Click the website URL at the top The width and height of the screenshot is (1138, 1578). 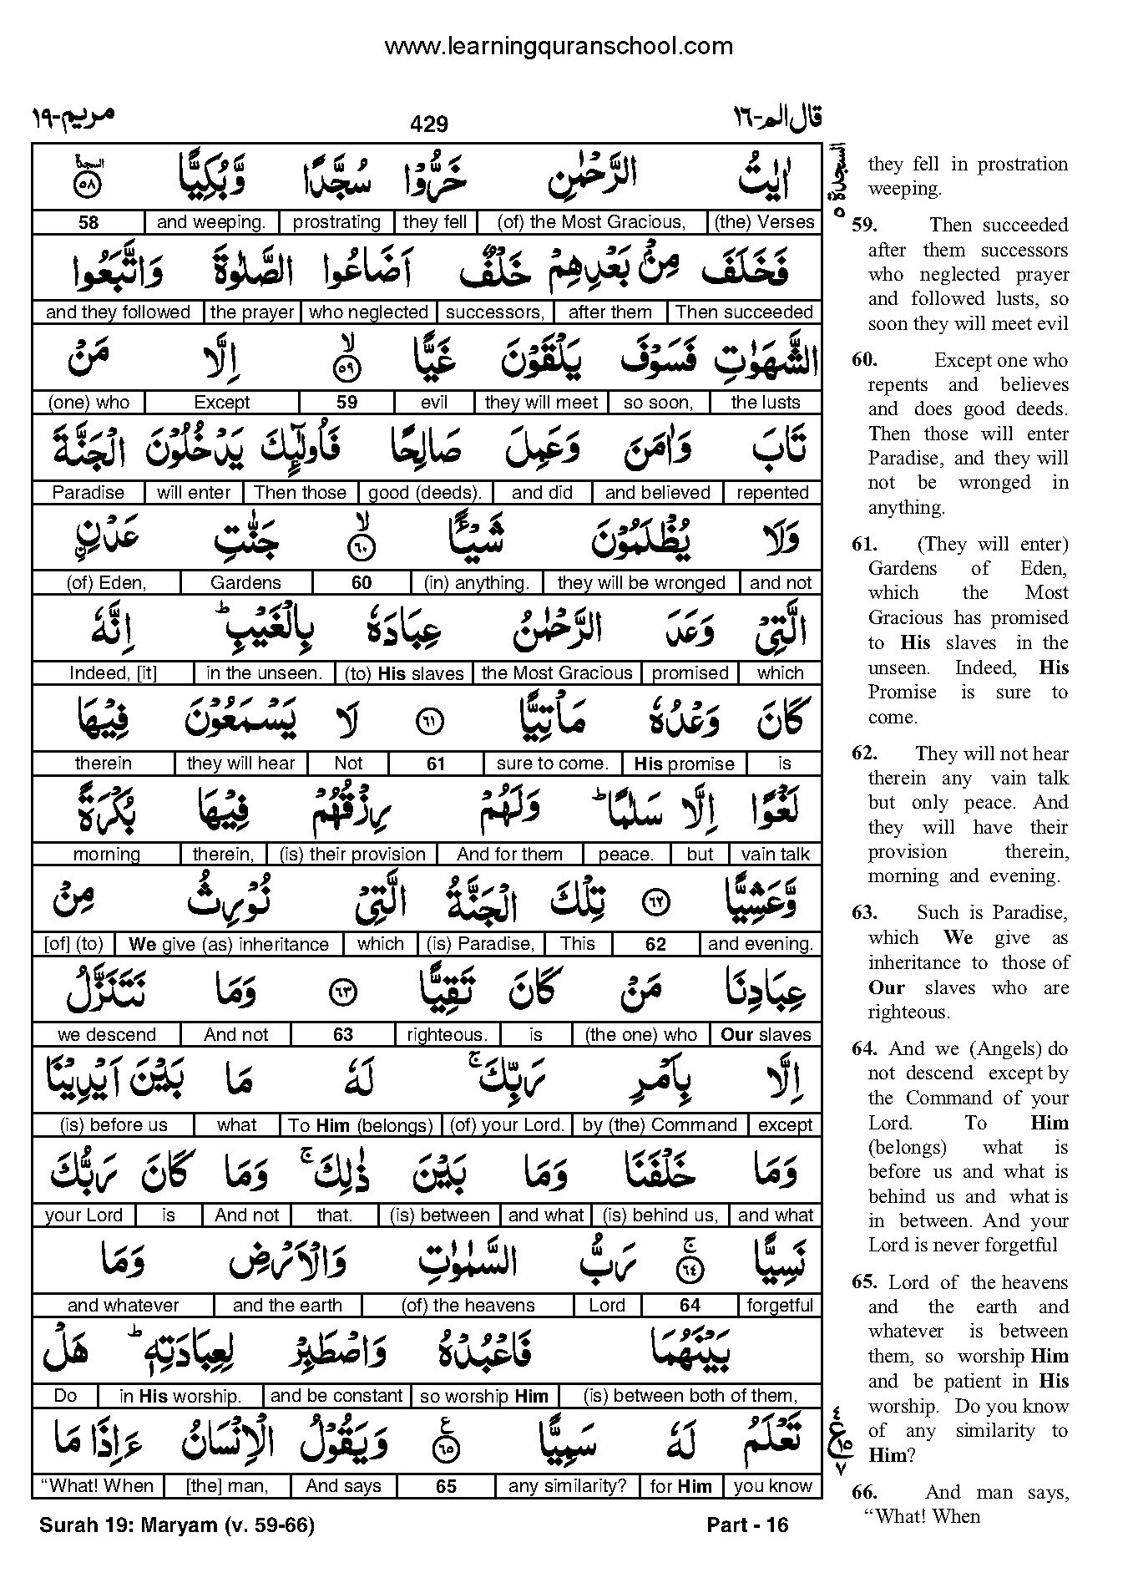pyautogui.click(x=559, y=47)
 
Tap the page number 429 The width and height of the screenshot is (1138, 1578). pyautogui.click(x=429, y=124)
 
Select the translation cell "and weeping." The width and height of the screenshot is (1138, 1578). pyautogui.click(x=211, y=222)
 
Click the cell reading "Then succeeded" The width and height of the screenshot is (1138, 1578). pyautogui.click(x=744, y=312)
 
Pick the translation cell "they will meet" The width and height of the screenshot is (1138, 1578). pyautogui.click(x=541, y=403)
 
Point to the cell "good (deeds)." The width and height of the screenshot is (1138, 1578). pyautogui.click(x=424, y=493)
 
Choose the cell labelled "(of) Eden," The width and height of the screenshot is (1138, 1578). pyautogui.click(x=106, y=583)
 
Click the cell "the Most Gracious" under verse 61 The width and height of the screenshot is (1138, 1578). pyautogui.click(x=557, y=673)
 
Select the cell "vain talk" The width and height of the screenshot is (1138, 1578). pyautogui.click(x=776, y=855)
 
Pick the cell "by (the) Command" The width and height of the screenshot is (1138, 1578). pyautogui.click(x=660, y=1125)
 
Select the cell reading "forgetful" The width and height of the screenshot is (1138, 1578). pyautogui.click(x=780, y=1306)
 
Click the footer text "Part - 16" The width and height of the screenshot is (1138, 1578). pyautogui.click(x=747, y=1525)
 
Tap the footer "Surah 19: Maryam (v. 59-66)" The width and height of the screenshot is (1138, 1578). pyautogui.click(x=176, y=1525)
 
